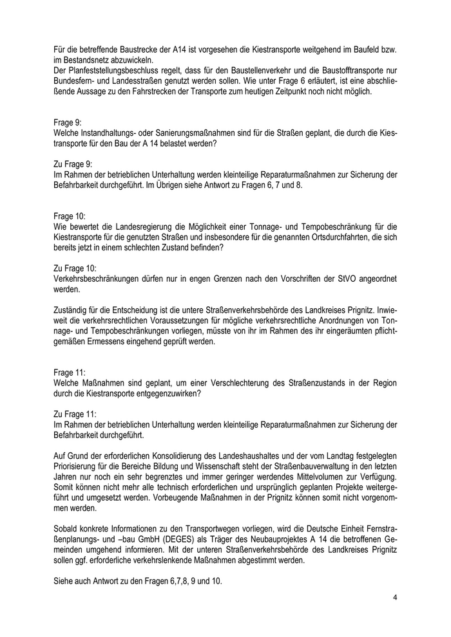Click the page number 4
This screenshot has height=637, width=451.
coord(394,598)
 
